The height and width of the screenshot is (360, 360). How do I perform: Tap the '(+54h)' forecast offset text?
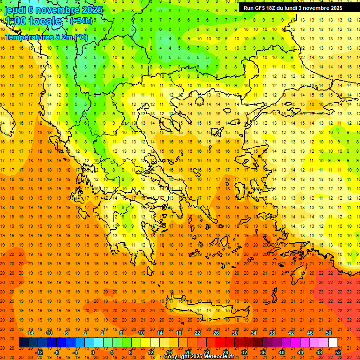point(81,21)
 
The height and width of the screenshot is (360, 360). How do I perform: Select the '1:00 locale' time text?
point(33,21)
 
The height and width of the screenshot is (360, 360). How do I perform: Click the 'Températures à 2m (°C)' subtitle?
point(46,37)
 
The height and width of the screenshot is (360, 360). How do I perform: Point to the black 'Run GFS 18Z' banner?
point(299,8)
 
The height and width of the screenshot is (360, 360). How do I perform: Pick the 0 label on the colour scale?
point(92,352)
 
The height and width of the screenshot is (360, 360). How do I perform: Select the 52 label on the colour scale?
point(338,352)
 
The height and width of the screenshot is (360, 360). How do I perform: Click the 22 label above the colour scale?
point(197,333)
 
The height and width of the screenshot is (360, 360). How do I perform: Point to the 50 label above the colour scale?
point(328,333)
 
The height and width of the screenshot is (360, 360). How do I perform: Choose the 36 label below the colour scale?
point(262,352)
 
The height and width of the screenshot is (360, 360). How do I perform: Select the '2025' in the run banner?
point(335,8)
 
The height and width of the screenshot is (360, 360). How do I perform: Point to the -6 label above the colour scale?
point(66,333)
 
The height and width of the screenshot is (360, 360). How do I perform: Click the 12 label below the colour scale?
point(150,352)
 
